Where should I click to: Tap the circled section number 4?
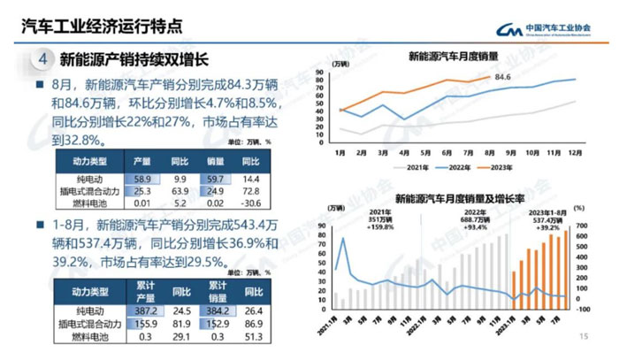tap(43, 60)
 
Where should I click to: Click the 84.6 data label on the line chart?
tap(502, 78)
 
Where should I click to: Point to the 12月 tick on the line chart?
tap(575, 153)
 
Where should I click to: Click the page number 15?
tap(583, 336)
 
